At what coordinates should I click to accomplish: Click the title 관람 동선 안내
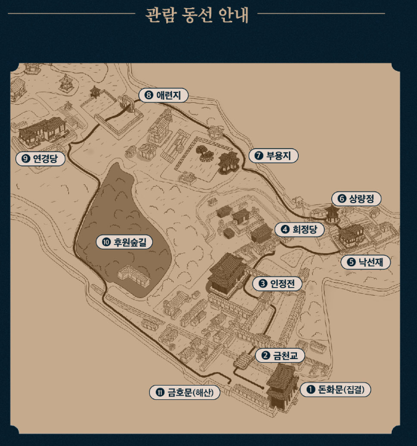click(197, 14)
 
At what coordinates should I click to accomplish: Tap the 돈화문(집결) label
click(336, 389)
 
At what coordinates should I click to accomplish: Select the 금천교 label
click(283, 355)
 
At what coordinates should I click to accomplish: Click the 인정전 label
click(277, 283)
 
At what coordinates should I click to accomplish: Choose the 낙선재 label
click(365, 262)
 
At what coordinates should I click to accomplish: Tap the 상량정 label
click(356, 198)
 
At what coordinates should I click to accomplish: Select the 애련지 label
click(163, 95)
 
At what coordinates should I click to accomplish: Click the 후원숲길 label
click(124, 242)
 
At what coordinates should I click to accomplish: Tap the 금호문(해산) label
click(185, 392)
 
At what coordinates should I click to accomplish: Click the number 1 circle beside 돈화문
click(311, 389)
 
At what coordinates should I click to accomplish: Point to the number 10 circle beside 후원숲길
click(106, 242)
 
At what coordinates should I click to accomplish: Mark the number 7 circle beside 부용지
click(259, 156)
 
